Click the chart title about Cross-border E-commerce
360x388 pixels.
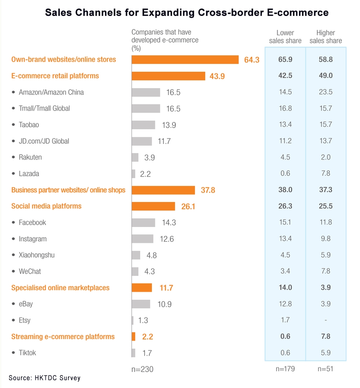pos(187,13)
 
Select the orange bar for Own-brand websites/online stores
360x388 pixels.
pos(185,60)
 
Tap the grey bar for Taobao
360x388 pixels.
pos(143,125)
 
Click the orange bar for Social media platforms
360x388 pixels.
pos(153,206)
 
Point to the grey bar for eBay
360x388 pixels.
pos(141,304)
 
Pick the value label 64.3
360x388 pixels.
pos(252,60)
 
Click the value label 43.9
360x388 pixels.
pos(217,76)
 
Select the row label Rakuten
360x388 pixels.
pos(30,158)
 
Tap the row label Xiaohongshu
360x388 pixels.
pos(37,255)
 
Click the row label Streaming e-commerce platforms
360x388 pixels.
pos(63,337)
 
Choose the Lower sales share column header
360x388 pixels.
pos(285,37)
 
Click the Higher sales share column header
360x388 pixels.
pos(325,37)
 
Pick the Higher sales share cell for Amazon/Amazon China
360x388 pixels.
pos(325,92)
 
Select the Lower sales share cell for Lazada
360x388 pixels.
pos(285,174)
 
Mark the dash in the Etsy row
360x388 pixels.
pos(325,320)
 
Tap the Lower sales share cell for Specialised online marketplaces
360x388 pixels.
pos(285,288)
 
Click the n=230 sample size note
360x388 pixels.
pos(143,369)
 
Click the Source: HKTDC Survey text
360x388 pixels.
pos(45,378)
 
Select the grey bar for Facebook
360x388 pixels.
pos(143,223)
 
